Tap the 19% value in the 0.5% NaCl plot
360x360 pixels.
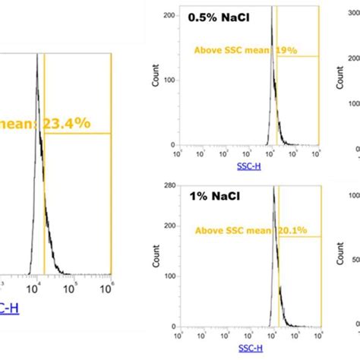tap(287, 52)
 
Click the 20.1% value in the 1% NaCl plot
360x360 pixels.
tap(284, 230)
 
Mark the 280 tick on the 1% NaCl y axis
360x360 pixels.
tap(167, 185)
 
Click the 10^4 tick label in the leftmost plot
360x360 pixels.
tap(34, 289)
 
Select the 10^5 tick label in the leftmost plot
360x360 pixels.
tap(71, 289)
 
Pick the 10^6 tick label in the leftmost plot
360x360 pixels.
tap(109, 289)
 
